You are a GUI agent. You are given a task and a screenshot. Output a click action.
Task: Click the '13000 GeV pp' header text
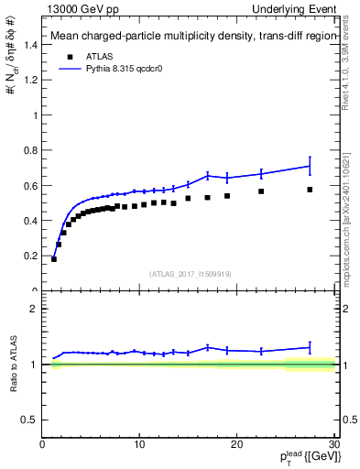81,8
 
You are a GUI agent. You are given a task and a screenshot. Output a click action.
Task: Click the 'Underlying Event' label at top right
296,8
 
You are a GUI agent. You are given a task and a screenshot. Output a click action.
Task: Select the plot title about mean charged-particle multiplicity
190,37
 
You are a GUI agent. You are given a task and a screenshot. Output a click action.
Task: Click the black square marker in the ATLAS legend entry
67,54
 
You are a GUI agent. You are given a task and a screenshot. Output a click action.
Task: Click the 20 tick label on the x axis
236,445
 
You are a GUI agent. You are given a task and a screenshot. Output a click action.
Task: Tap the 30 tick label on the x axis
333,445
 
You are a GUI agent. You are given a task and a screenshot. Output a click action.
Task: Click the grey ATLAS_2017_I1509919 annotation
190,273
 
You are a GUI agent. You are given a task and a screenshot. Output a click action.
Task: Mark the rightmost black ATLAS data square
310,190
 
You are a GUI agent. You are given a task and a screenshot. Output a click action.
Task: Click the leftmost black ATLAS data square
54,259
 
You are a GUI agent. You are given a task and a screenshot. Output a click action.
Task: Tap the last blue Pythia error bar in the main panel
310,166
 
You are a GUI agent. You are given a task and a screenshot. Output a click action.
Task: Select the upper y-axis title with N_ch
13,69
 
